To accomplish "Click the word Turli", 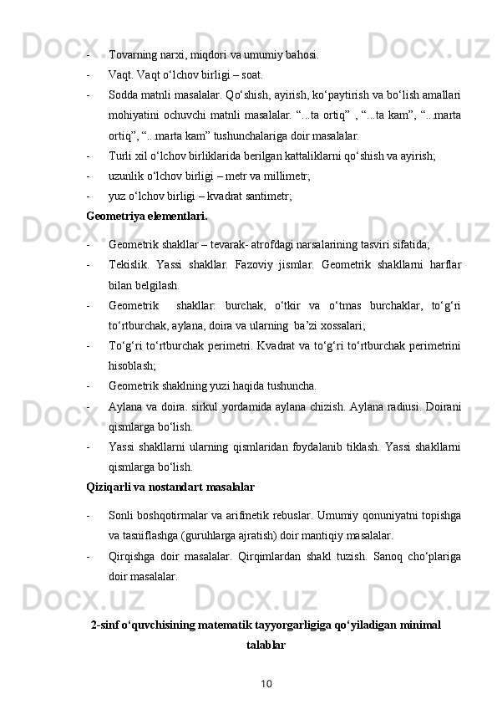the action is (x=119, y=155).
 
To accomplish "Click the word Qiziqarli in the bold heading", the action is (x=107, y=486).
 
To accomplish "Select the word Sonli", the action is (x=121, y=515).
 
